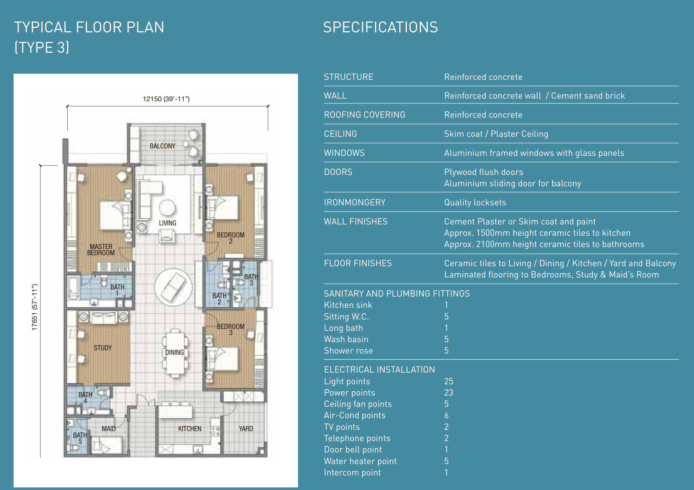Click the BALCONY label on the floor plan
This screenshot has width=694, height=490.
(162, 146)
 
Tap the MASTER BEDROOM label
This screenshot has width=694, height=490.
(101, 250)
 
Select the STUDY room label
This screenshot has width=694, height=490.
(103, 348)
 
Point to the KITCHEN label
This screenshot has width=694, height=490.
(190, 429)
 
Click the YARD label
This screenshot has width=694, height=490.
(246, 429)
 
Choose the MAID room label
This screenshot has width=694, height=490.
(108, 429)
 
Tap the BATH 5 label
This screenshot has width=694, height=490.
(80, 438)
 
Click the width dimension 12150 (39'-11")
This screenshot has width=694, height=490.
(166, 99)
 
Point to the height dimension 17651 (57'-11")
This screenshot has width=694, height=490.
(35, 307)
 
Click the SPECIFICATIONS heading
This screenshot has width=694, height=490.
(380, 27)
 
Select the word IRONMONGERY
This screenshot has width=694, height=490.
(355, 202)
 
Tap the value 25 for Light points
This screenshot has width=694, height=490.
(449, 381)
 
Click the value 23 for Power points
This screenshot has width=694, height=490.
(449, 393)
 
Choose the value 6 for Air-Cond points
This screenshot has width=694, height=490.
(446, 415)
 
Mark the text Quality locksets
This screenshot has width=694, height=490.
(475, 202)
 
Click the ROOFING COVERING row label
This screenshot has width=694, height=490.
(365, 115)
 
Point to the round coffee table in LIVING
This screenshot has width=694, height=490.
(167, 208)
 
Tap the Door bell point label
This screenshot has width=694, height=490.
(353, 450)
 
